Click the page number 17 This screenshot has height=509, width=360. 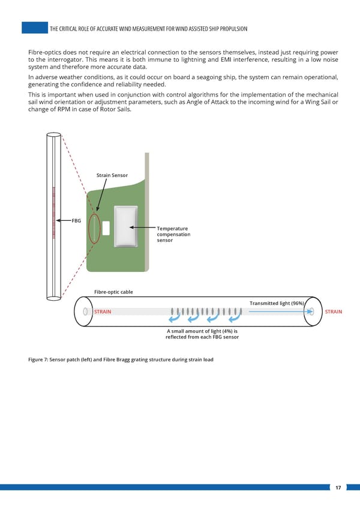click(338, 488)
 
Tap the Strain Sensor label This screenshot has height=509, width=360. click(112, 175)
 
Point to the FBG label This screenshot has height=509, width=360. click(76, 221)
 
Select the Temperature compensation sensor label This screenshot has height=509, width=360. click(173, 234)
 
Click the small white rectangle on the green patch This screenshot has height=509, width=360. click(106, 228)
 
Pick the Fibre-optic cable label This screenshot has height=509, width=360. click(113, 292)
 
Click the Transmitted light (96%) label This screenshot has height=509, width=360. click(277, 303)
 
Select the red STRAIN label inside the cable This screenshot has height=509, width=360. click(103, 312)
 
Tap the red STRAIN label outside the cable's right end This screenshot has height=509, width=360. click(333, 312)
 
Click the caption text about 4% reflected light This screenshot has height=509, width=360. click(202, 334)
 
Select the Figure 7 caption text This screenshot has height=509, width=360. click(121, 360)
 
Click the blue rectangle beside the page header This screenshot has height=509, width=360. click(34, 28)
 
